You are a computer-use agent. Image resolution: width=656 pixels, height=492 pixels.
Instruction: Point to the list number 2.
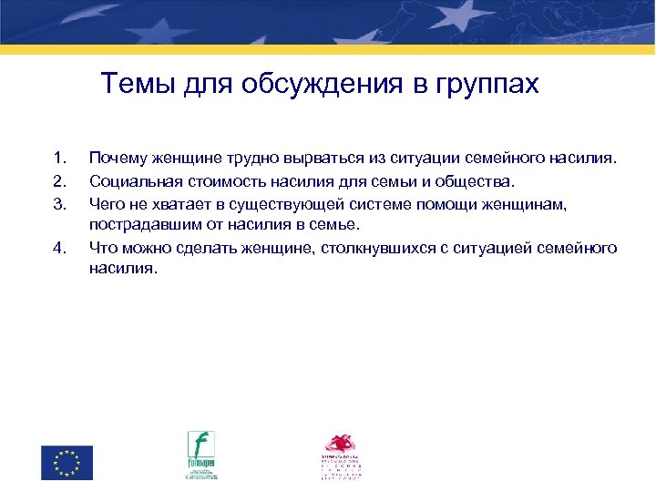click(x=58, y=180)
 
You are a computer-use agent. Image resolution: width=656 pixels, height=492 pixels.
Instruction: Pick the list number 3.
click(x=58, y=202)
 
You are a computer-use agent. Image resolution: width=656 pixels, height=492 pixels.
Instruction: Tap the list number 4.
click(x=58, y=247)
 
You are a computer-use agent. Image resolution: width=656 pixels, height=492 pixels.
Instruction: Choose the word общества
click(x=474, y=180)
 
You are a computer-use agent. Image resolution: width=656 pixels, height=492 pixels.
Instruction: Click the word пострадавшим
click(x=138, y=224)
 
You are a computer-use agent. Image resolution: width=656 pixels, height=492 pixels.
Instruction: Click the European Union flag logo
click(x=67, y=461)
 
